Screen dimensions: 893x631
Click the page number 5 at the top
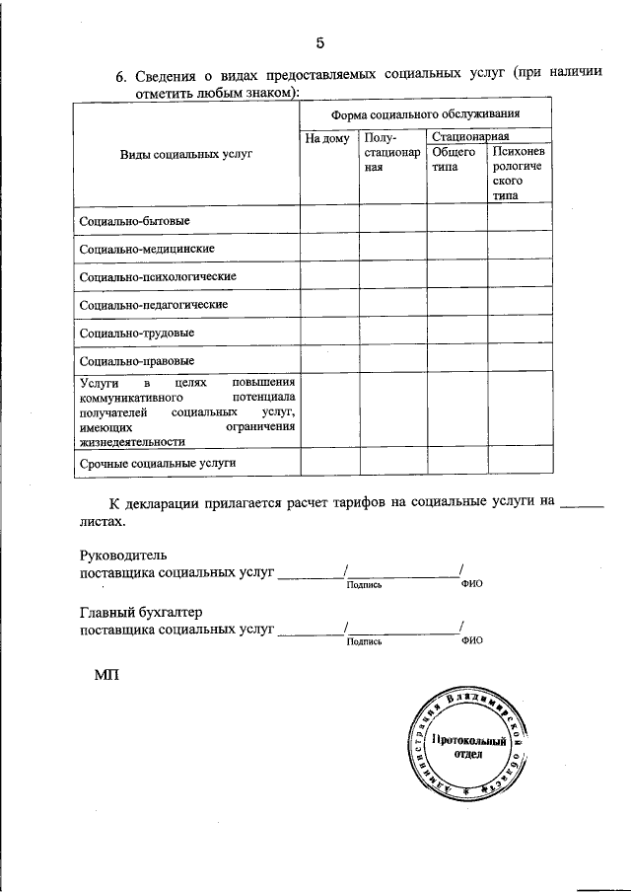(x=319, y=42)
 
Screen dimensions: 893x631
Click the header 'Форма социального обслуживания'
(x=425, y=114)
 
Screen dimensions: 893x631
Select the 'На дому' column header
(x=327, y=139)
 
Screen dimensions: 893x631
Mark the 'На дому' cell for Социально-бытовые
(x=328, y=219)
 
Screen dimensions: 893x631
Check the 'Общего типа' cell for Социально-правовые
(x=456, y=360)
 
